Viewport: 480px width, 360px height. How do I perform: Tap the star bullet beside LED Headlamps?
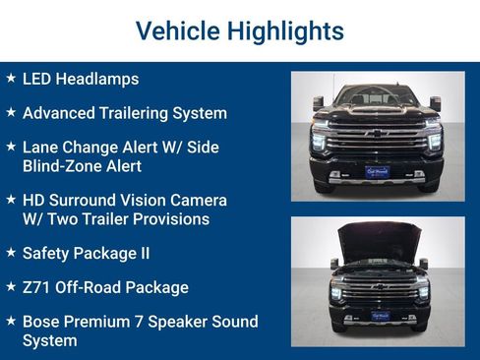pos(11,78)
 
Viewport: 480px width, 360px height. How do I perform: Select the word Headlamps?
pos(99,79)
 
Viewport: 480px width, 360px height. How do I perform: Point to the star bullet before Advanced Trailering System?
pos(11,112)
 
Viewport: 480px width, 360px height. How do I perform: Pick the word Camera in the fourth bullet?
pos(198,200)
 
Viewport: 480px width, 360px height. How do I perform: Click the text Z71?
pos(37,287)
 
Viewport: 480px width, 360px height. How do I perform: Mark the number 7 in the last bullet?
pos(133,322)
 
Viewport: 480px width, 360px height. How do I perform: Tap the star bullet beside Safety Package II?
pos(11,252)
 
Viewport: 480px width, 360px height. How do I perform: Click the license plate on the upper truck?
pos(377,171)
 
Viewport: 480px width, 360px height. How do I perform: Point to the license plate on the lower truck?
pos(378,316)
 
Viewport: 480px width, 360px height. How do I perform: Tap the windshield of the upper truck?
pos(377,98)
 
